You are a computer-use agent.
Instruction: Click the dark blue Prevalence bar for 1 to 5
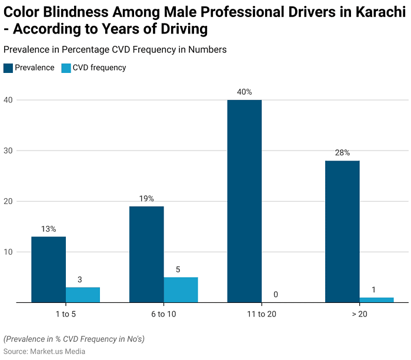[48, 269]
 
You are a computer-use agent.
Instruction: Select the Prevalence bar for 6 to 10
[146, 254]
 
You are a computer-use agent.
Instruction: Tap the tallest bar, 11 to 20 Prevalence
[244, 201]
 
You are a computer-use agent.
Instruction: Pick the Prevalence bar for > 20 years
[342, 231]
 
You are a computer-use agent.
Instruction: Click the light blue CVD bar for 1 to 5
[83, 295]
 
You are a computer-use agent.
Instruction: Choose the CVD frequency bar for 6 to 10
[181, 289]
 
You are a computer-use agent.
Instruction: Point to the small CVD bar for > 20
[376, 300]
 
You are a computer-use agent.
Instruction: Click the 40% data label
[244, 92]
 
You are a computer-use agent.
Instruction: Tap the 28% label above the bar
[342, 152]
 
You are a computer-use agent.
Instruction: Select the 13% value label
[48, 229]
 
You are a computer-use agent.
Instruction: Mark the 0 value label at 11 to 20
[276, 294]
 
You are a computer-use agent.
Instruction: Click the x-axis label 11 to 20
[261, 314]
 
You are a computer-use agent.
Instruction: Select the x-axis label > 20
[359, 314]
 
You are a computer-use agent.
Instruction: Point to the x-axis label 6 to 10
[163, 314]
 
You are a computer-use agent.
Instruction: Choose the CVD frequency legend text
[99, 68]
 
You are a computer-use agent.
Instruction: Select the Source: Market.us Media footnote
[44, 351]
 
